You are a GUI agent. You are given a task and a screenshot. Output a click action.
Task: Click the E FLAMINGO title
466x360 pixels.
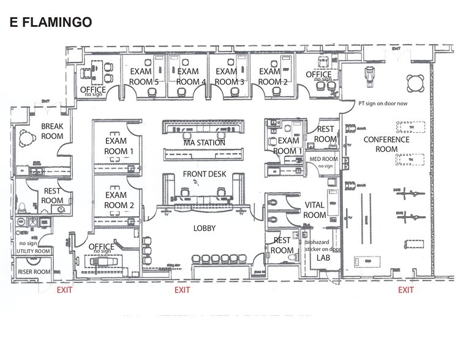click(50, 23)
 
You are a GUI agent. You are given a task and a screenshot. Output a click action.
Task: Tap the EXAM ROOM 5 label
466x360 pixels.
click(144, 77)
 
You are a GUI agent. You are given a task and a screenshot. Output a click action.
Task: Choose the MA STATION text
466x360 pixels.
click(204, 143)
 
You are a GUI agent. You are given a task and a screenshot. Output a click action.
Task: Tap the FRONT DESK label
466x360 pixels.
click(205, 174)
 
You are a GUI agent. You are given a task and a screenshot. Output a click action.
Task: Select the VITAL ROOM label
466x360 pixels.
click(315, 210)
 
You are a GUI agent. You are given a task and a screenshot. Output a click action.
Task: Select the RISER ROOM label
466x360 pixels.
click(32, 271)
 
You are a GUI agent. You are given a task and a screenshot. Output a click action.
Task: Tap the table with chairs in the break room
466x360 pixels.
click(26, 138)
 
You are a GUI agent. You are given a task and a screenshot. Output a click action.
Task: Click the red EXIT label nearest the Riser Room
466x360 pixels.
click(64, 290)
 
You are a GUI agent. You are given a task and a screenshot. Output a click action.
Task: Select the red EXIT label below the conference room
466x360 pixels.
click(407, 290)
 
